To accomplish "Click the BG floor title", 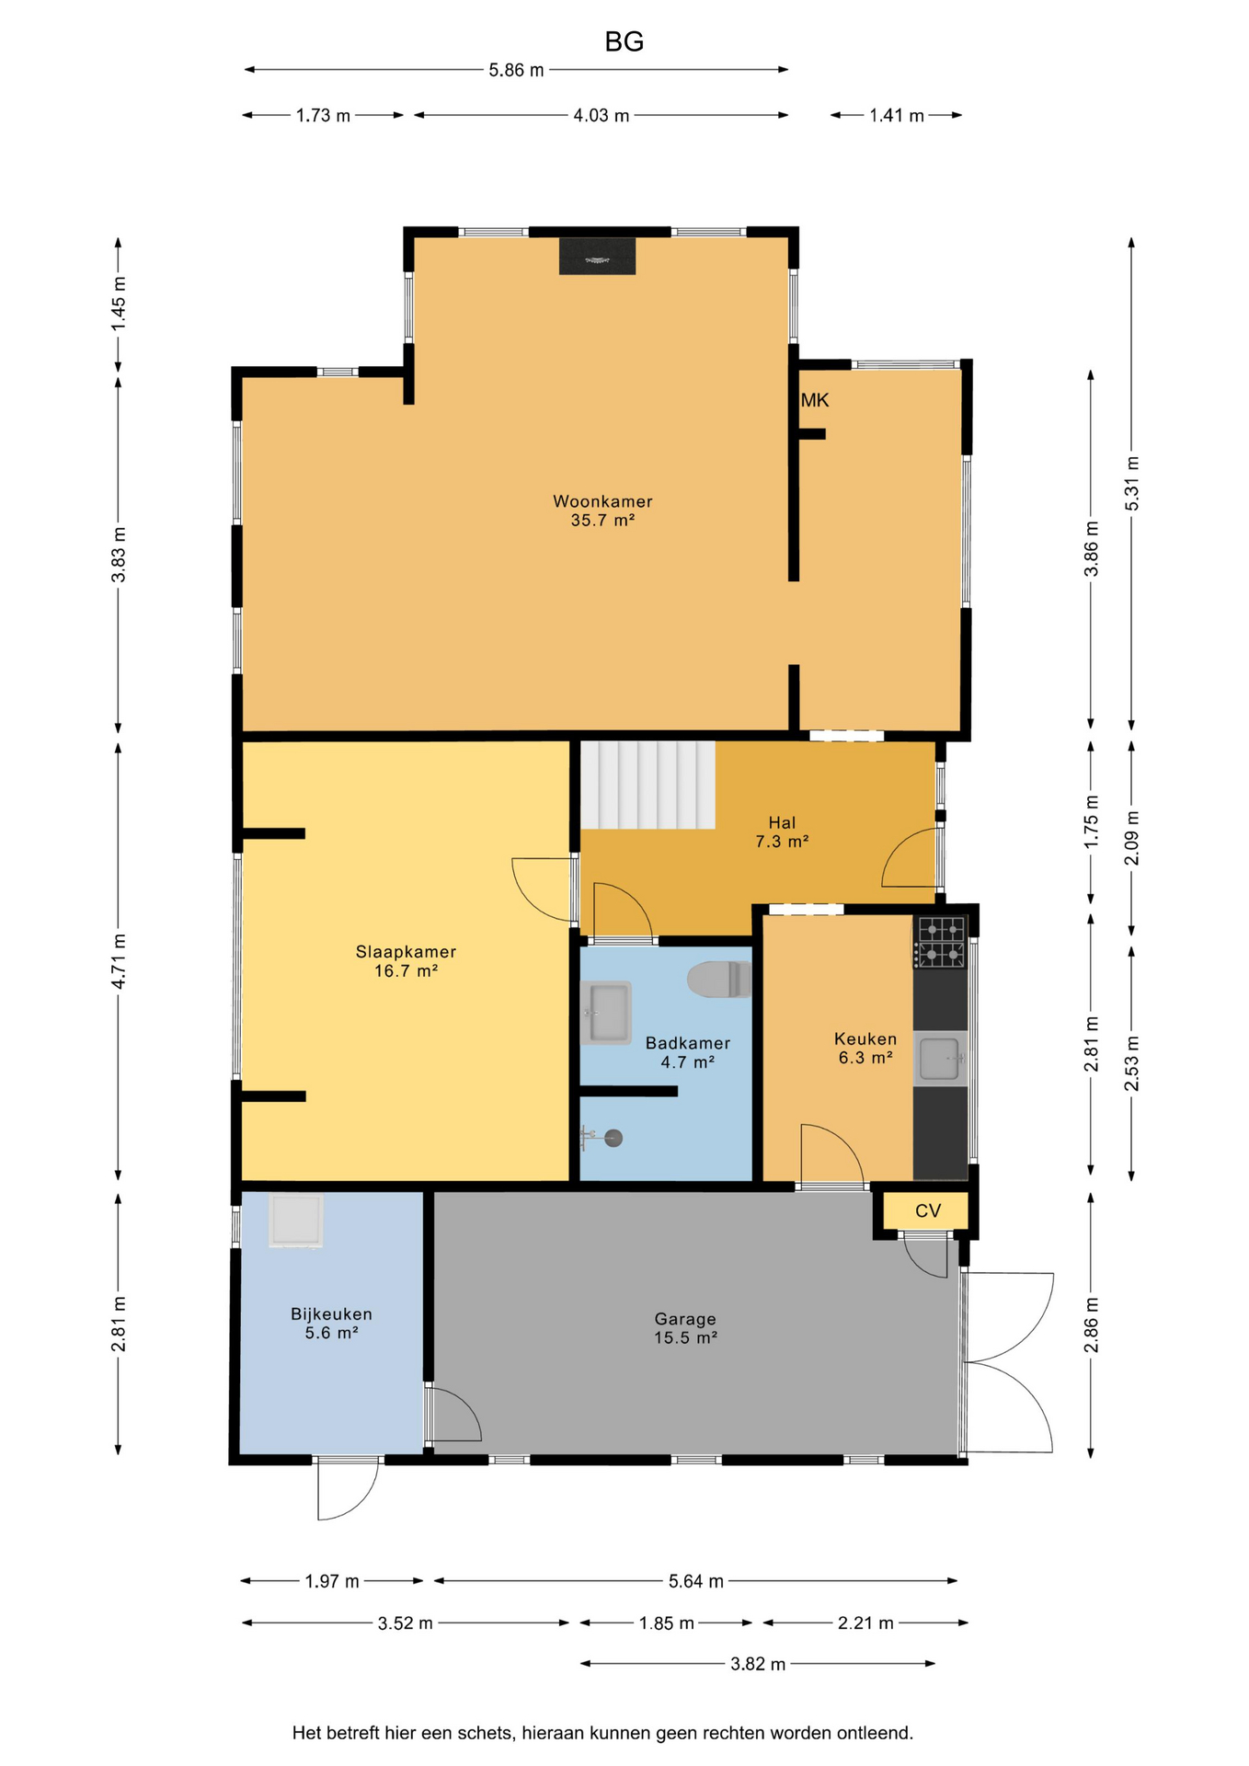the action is (x=624, y=41).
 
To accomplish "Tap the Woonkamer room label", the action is (x=602, y=501).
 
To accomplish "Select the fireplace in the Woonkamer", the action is (x=597, y=256).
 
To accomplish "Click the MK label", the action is (x=815, y=400).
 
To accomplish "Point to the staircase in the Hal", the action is (x=648, y=785).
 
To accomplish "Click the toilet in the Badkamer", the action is (x=719, y=980).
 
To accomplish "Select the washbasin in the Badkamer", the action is (x=605, y=1013).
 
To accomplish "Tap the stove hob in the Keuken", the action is (x=940, y=942).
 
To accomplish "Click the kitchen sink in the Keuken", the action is (x=940, y=1059).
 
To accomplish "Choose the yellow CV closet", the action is (x=926, y=1210).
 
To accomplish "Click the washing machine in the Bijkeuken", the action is (x=295, y=1221).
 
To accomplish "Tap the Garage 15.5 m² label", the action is (x=685, y=1328).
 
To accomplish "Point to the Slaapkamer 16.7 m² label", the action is (x=406, y=960).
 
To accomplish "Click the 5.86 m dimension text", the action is (x=516, y=70).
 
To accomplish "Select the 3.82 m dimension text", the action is (x=758, y=1664).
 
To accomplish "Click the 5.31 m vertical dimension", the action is (x=1132, y=484).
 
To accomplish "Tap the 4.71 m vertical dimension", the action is (x=119, y=961).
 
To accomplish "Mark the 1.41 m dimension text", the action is (x=897, y=116).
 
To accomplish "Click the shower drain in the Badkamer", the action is (x=613, y=1138).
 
